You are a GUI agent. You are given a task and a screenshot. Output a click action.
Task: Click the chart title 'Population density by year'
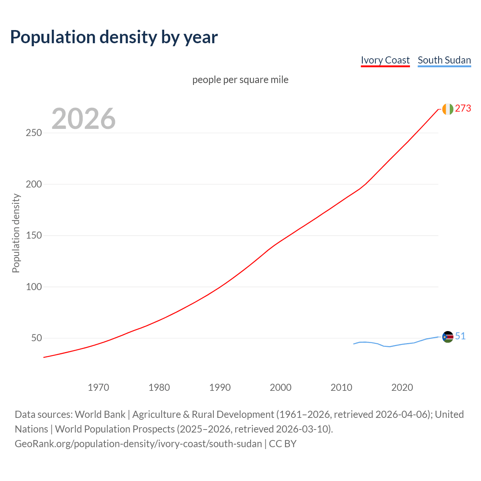click(x=114, y=37)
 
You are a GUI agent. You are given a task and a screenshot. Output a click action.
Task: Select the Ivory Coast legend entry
click(x=385, y=60)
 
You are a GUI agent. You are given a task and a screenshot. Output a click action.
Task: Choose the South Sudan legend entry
click(x=444, y=60)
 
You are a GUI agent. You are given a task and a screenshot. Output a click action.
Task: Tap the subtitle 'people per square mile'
click(x=240, y=80)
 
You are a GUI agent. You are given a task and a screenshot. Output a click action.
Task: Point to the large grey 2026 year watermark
click(x=83, y=119)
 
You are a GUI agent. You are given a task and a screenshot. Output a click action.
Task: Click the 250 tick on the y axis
click(x=34, y=133)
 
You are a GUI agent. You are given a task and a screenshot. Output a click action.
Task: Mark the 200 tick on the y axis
click(x=34, y=184)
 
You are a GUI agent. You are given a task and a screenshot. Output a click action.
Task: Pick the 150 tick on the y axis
click(x=34, y=236)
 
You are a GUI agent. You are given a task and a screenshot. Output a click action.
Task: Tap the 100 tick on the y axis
click(x=34, y=287)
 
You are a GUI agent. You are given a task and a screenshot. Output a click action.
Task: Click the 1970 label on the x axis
click(x=98, y=387)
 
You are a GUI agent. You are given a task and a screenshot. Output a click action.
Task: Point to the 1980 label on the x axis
click(x=159, y=387)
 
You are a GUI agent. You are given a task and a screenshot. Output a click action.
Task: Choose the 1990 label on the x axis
click(x=220, y=387)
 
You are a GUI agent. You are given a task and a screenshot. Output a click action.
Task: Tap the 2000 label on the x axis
click(x=281, y=387)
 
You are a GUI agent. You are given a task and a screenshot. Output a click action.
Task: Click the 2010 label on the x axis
click(x=341, y=387)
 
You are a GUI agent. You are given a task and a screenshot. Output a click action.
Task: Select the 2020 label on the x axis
click(x=402, y=387)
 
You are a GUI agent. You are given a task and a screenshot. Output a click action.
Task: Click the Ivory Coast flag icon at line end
click(x=448, y=109)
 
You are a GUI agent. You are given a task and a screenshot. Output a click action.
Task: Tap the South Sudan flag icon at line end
click(x=448, y=337)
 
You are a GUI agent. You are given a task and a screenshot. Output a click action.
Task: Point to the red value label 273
click(x=463, y=109)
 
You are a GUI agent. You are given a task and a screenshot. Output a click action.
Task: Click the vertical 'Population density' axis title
click(x=16, y=233)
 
